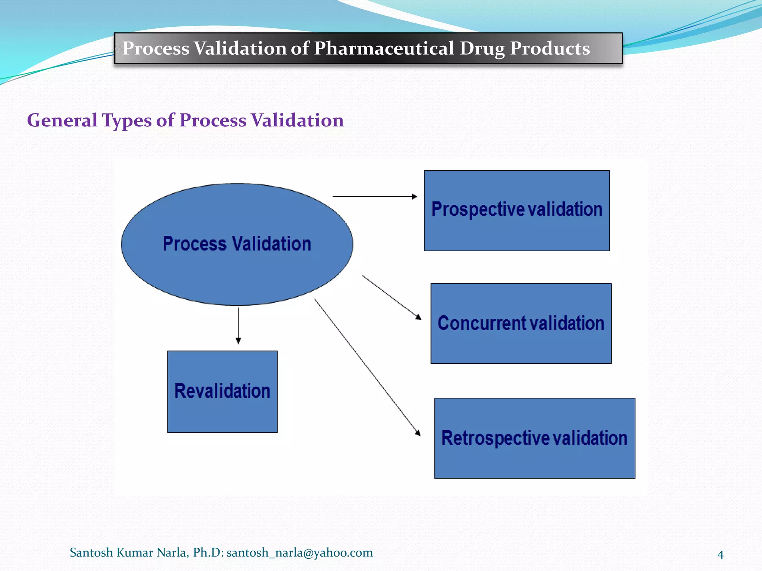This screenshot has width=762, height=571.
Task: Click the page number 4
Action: click(x=720, y=555)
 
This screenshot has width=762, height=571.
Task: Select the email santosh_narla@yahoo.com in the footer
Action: click(x=300, y=553)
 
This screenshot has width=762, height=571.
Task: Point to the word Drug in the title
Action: click(x=482, y=48)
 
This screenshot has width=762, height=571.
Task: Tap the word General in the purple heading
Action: click(x=62, y=120)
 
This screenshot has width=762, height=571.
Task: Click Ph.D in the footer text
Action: click(x=206, y=553)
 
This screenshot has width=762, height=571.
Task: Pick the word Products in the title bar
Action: click(x=550, y=48)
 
